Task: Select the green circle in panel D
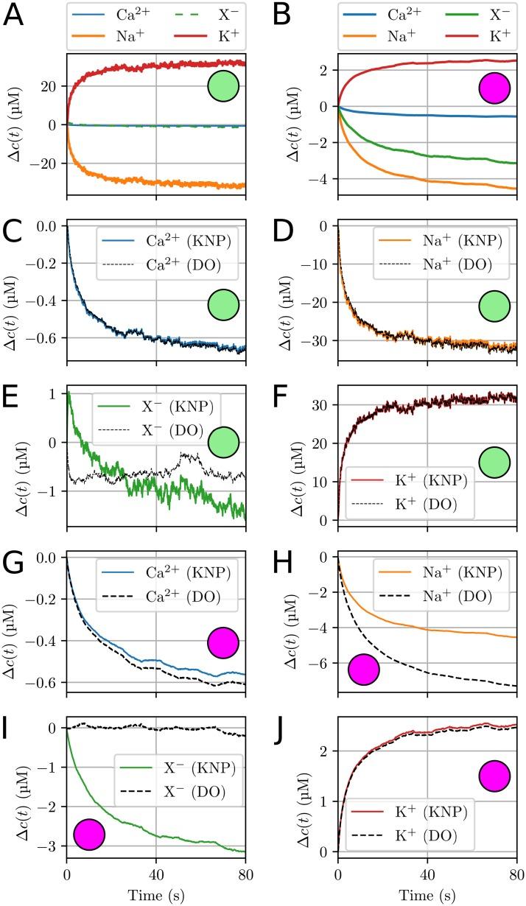(494, 305)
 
